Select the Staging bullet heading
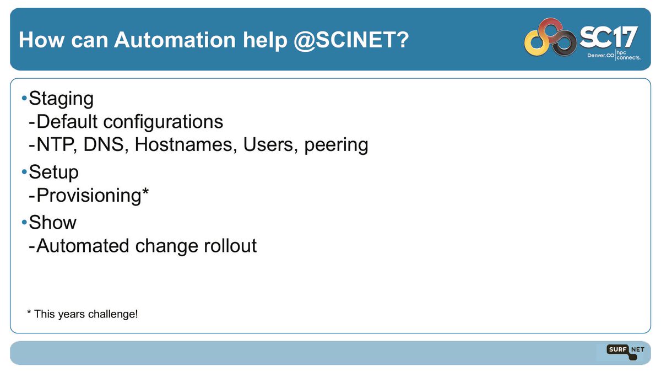(61, 99)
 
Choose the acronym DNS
(105, 145)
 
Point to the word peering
(335, 145)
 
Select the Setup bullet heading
(53, 172)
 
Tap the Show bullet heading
(52, 223)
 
